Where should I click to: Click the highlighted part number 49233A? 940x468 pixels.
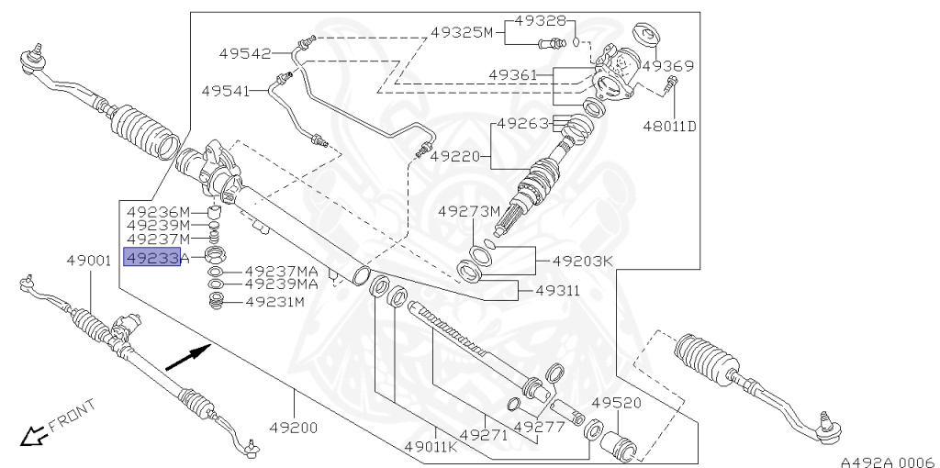pos(155,259)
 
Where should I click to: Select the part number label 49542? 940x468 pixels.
pos(244,53)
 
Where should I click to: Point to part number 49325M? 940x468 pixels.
pos(463,33)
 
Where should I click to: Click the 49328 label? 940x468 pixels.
pos(540,19)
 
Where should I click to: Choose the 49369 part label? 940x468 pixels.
pos(667,66)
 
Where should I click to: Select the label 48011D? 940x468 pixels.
pos(669,126)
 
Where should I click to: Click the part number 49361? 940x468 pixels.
pos(514,74)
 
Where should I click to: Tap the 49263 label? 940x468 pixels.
pos(523,123)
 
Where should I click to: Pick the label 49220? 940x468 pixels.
pos(455,156)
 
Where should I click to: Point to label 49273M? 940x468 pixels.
pos(469,211)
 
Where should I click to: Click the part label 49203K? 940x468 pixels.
pos(581,261)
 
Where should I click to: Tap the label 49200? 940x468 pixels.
pos(294,428)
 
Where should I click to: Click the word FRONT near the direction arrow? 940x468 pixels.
pos(72,415)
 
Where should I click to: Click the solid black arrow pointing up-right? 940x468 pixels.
pos(188,356)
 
